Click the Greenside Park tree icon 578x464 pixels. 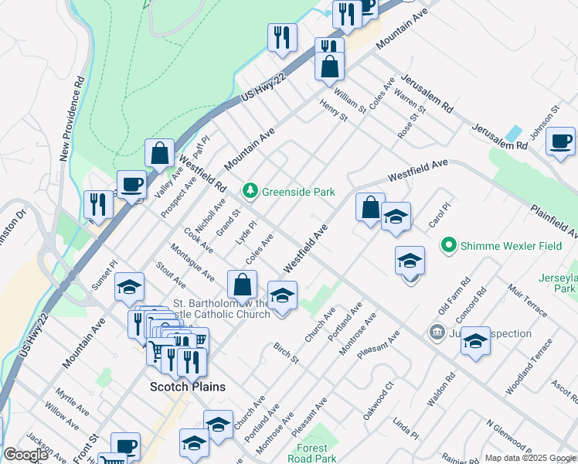[x=250, y=189]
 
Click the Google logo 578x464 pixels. [x=25, y=455]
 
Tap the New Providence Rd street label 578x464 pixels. [x=72, y=117]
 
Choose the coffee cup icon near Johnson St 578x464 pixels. [x=559, y=142]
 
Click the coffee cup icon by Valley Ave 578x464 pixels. [x=131, y=185]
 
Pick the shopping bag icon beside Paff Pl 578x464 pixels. [x=159, y=154]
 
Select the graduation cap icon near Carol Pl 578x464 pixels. [x=396, y=216]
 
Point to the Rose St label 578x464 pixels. [x=412, y=123]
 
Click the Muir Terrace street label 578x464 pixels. [x=529, y=300]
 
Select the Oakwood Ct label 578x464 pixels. [x=379, y=390]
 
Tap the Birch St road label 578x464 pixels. [x=286, y=354]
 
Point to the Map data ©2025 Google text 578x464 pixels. [x=530, y=458]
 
